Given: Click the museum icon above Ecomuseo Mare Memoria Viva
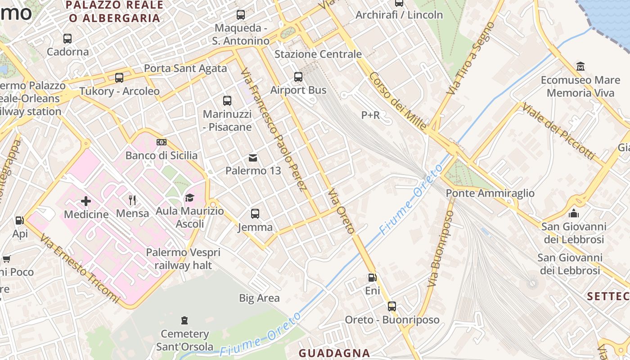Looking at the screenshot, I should coord(580,67).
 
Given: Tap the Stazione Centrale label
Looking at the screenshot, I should coord(318,54).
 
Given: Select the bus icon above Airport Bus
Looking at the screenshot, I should coord(298,77).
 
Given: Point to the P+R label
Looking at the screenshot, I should coord(370,116).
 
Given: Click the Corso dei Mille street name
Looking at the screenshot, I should coord(398,101).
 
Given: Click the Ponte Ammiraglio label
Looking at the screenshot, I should coord(490,193).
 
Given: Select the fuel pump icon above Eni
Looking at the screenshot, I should coord(372,278).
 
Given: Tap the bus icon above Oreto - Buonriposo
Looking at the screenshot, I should coord(392,306).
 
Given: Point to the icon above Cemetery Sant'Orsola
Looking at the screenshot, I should coord(184,320).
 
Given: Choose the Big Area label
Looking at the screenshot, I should coord(259,298).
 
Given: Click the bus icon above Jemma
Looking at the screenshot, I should coord(255,214).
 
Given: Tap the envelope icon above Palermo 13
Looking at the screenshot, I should coord(253,157).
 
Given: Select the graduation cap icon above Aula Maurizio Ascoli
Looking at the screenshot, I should coord(189,198).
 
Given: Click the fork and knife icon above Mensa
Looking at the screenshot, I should coord(132,200).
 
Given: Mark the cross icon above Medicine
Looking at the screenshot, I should coord(86,201).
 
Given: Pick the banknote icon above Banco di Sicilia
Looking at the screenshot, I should coord(162,142).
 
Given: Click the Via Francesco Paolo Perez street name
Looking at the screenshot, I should coord(274,130).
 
